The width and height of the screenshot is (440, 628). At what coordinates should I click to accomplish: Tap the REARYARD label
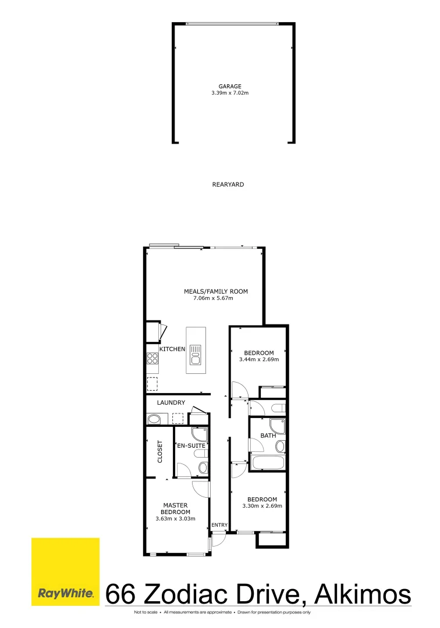228,184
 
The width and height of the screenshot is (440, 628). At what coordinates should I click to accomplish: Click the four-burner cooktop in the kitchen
152,359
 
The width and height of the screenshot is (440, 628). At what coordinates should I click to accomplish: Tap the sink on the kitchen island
196,354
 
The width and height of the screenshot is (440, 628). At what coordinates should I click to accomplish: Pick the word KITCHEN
172,349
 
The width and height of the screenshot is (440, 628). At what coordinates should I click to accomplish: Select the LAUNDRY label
171,402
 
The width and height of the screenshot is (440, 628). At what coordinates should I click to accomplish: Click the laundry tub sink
155,419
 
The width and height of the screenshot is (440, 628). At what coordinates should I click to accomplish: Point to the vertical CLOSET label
160,452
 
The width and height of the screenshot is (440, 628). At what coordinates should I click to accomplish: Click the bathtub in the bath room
268,463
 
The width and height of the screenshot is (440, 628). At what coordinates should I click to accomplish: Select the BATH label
268,435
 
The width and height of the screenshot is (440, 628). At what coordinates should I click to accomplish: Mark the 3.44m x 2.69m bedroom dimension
259,359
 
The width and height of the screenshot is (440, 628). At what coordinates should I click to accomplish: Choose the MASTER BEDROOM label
175,509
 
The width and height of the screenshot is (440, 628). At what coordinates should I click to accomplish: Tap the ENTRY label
219,525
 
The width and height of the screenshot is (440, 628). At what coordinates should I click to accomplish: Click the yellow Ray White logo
65,572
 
